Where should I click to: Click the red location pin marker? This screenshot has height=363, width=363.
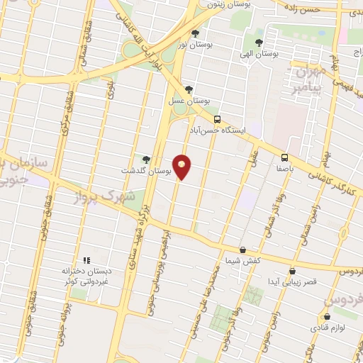[x=182, y=167]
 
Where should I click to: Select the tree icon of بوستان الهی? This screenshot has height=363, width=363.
[x=259, y=42]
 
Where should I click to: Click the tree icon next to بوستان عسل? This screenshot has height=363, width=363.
[x=188, y=89]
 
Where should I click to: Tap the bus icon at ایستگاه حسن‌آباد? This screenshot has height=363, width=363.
[x=217, y=119]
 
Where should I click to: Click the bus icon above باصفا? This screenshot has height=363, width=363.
[x=284, y=157]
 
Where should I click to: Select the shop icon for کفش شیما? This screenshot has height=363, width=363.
[x=243, y=250]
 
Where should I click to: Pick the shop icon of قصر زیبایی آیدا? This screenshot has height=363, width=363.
[x=292, y=271]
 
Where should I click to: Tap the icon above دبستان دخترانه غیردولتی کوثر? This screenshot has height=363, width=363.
[x=88, y=260]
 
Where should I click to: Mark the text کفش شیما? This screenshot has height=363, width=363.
[x=243, y=261]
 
